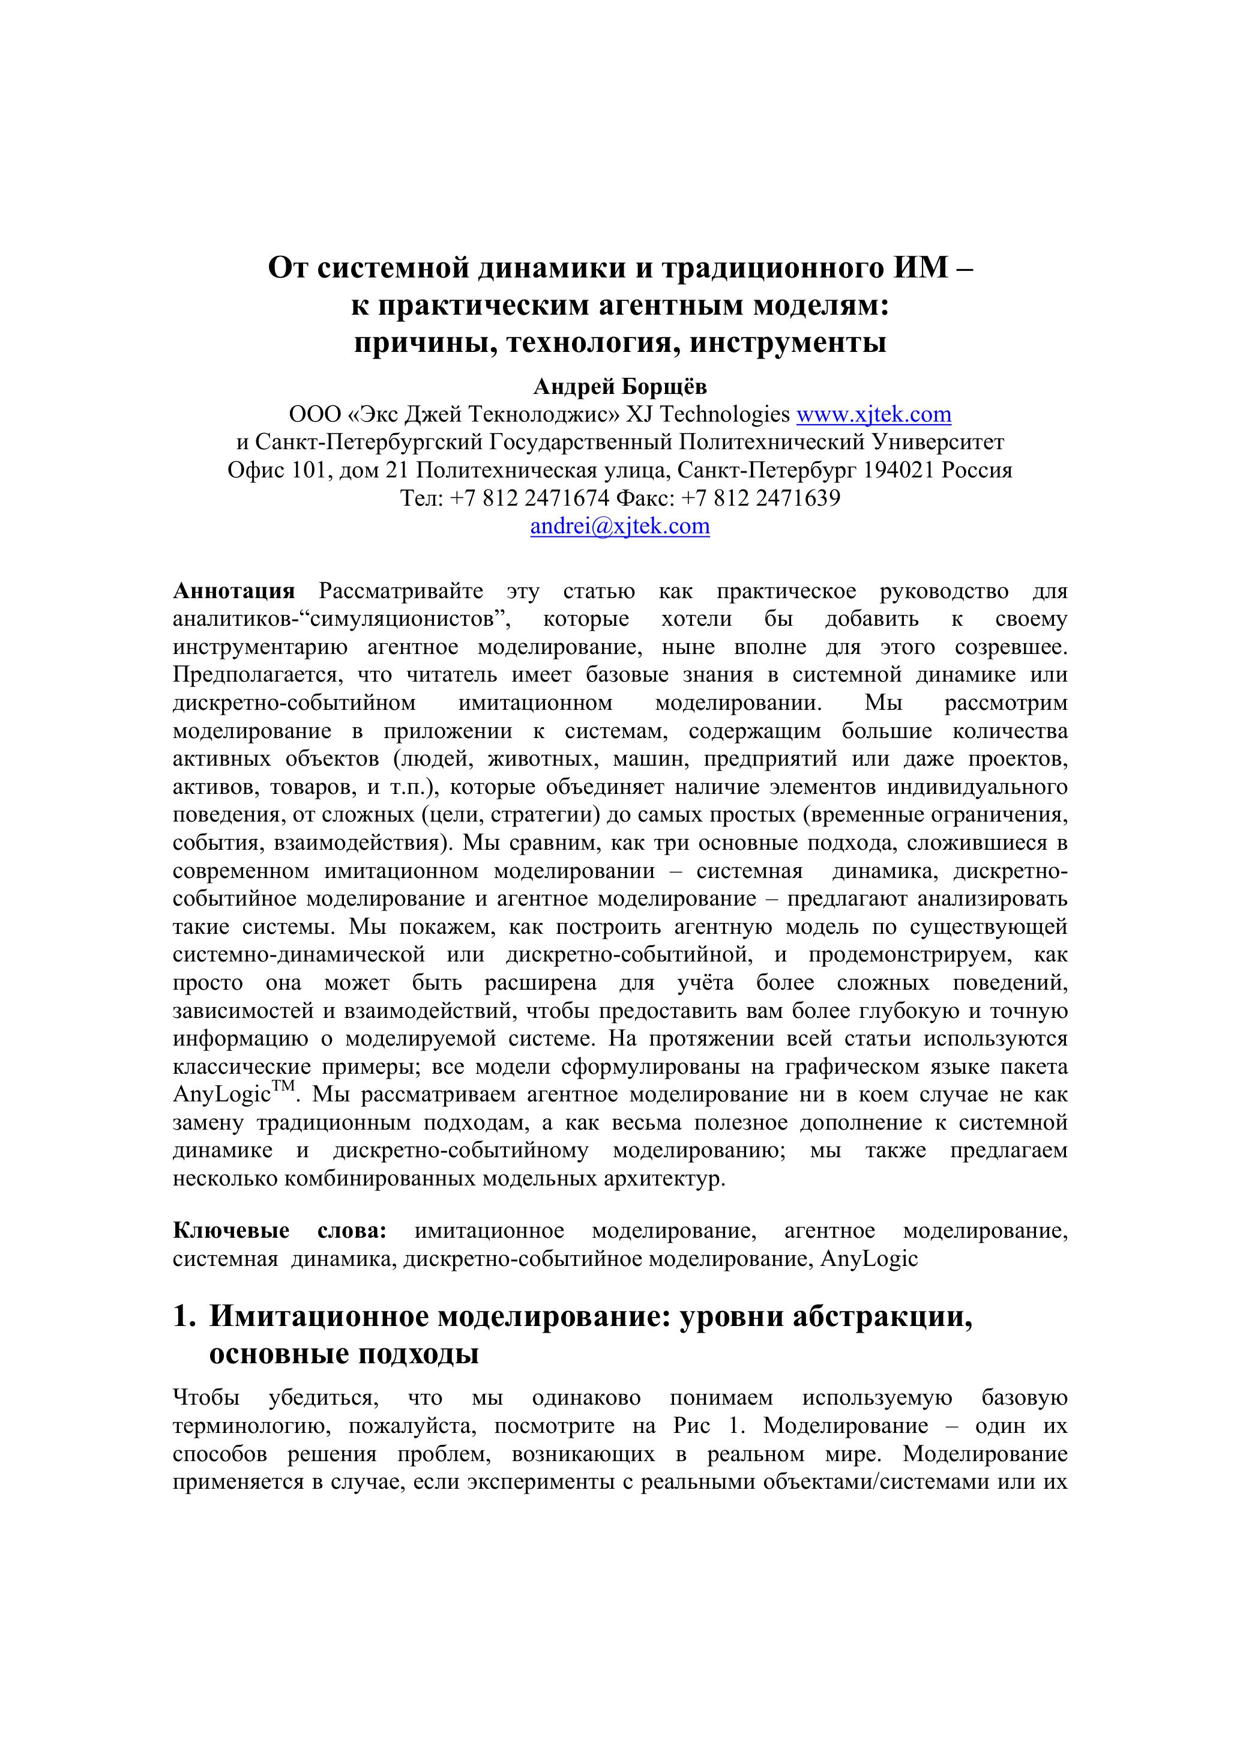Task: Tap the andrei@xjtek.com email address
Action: click(x=620, y=526)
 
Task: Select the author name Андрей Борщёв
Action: click(x=620, y=387)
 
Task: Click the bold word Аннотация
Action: click(x=234, y=591)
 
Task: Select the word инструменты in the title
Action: click(x=788, y=343)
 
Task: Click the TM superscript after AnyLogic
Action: click(x=283, y=1087)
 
